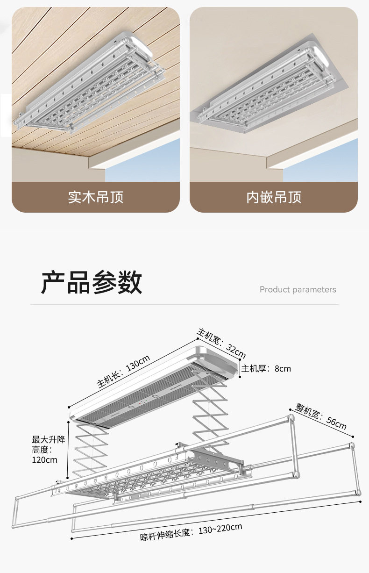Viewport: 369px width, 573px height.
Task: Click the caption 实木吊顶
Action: pyautogui.click(x=96, y=197)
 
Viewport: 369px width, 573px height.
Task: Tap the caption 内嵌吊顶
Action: pyautogui.click(x=274, y=197)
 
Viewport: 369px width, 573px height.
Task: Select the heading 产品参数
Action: pyautogui.click(x=92, y=282)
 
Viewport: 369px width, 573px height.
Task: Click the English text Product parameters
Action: pyautogui.click(x=298, y=290)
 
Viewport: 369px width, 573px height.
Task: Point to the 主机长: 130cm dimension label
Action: pyautogui.click(x=123, y=372)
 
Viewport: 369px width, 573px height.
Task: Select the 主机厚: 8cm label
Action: pyautogui.click(x=266, y=369)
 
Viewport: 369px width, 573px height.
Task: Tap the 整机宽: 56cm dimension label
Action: pyautogui.click(x=322, y=415)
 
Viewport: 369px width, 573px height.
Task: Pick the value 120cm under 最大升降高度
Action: pyautogui.click(x=44, y=460)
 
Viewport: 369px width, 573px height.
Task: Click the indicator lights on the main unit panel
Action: pyautogui.click(x=144, y=401)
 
